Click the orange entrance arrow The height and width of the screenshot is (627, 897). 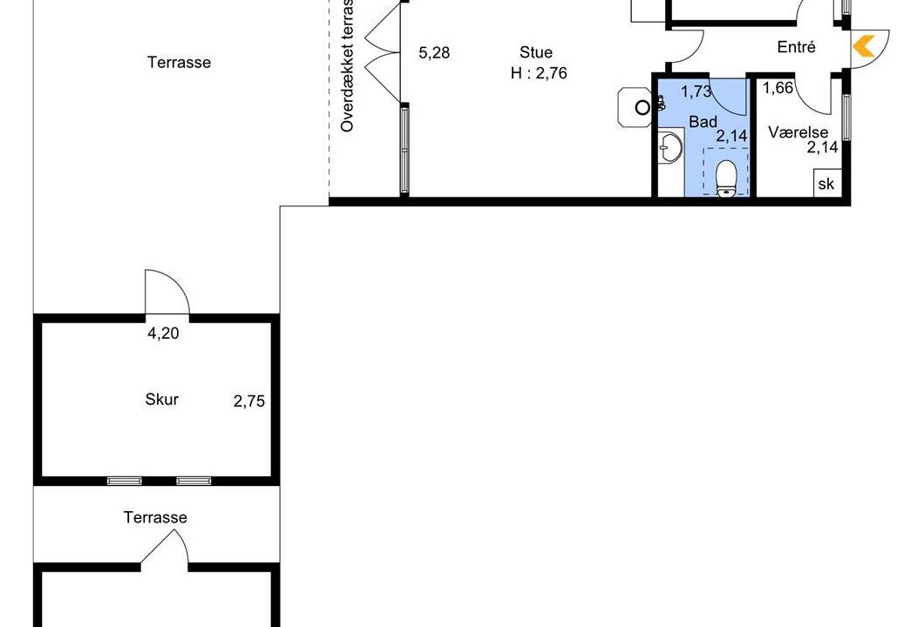click(864, 46)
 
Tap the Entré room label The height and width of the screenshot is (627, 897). click(797, 47)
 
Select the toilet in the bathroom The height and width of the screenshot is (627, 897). click(726, 179)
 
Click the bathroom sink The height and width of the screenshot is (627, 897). click(669, 147)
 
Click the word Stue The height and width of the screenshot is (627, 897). click(536, 52)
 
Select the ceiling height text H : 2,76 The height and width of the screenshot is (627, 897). click(539, 73)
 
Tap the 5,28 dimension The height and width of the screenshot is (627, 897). click(434, 53)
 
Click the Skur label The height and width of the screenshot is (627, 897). click(162, 399)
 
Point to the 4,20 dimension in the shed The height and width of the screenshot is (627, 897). click(164, 334)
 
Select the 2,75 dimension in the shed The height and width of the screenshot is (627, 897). click(249, 401)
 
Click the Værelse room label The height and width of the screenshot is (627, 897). click(798, 132)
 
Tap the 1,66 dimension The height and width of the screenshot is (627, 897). click(778, 88)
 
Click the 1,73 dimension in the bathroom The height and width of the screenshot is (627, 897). click(697, 91)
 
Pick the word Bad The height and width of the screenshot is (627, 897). click(703, 122)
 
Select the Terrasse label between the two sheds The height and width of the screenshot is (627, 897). click(155, 517)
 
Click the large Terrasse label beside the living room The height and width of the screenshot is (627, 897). click(179, 63)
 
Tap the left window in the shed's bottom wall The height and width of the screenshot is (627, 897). click(124, 482)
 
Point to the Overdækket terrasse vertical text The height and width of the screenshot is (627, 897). click(347, 65)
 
